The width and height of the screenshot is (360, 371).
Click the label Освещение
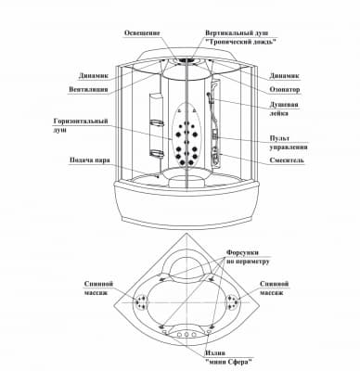(x=142, y=32)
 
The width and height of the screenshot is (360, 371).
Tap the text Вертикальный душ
(x=237, y=32)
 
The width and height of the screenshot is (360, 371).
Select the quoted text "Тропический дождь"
(x=240, y=42)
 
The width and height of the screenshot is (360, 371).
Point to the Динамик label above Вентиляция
(x=94, y=76)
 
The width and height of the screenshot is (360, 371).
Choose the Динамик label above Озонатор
(x=285, y=76)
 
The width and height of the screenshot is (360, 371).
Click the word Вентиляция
(x=88, y=89)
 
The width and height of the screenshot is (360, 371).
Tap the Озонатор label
(x=285, y=90)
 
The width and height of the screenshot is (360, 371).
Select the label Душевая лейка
(x=284, y=109)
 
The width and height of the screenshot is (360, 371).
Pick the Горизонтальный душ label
(x=81, y=125)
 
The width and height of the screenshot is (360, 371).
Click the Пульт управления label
(x=289, y=143)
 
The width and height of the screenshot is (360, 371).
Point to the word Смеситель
(x=287, y=160)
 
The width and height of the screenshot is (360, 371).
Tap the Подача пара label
(x=90, y=160)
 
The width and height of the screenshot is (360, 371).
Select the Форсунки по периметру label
(x=248, y=257)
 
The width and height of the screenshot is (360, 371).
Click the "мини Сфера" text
(x=228, y=362)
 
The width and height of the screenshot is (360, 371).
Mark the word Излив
(x=215, y=353)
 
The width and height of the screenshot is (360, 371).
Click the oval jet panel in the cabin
(x=186, y=135)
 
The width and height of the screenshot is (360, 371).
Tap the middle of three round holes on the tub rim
(x=186, y=335)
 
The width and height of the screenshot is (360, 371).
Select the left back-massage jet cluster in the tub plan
(x=141, y=301)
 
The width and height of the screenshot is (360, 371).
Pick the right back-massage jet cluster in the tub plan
(x=233, y=301)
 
